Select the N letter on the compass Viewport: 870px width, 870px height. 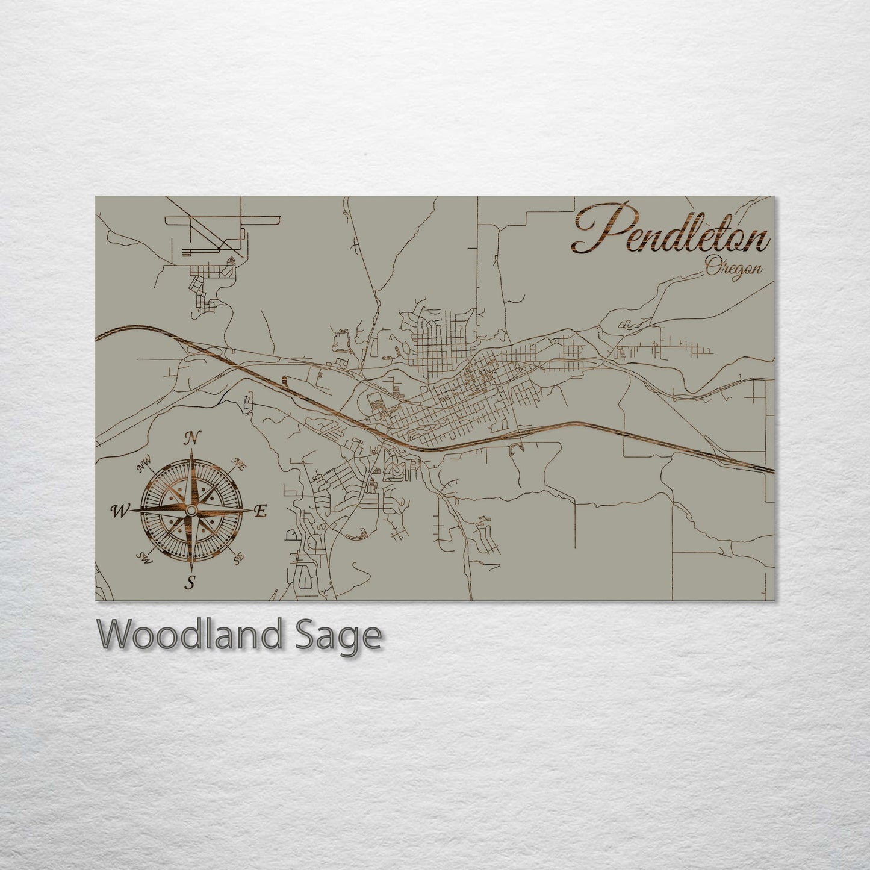click(192, 438)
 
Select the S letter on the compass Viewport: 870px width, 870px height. click(191, 582)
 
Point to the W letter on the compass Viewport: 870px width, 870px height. click(119, 511)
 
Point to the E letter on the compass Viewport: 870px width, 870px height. click(261, 511)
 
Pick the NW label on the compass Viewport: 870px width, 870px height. click(143, 465)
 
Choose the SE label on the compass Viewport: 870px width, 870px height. click(240, 558)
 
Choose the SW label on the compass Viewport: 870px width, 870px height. click(144, 558)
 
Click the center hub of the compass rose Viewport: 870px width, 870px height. click(191, 511)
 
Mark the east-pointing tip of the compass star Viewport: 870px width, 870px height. click(253, 511)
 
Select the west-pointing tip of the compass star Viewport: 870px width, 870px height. click(130, 511)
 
